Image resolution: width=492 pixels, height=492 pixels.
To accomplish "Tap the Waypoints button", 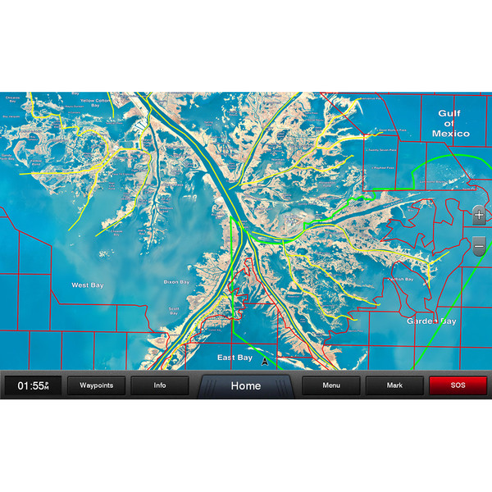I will coord(96,385).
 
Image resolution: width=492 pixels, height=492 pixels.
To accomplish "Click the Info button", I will coord(160,385).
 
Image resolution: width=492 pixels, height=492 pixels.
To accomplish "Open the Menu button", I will coord(331,385).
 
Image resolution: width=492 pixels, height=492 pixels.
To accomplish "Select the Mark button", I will coord(394,385).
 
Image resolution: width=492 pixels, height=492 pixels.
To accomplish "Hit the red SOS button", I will coord(458,385).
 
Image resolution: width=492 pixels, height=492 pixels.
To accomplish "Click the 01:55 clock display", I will coord(33,385).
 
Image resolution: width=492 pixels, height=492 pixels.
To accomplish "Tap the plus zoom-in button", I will coord(479,216).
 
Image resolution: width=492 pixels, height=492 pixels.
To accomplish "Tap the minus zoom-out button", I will coord(479,244).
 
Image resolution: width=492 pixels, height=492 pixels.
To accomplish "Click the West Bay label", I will coord(87,285).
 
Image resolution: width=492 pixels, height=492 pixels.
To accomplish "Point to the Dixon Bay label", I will coord(177,282).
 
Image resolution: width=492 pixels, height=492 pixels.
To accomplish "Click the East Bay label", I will coord(235,358).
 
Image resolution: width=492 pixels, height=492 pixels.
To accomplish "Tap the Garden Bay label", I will coord(431,321).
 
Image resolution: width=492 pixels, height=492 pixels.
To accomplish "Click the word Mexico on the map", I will coord(451,134).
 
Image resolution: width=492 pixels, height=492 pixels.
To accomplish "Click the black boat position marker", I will coord(265,361).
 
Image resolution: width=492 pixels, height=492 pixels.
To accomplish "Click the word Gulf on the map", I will coord(449,114).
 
